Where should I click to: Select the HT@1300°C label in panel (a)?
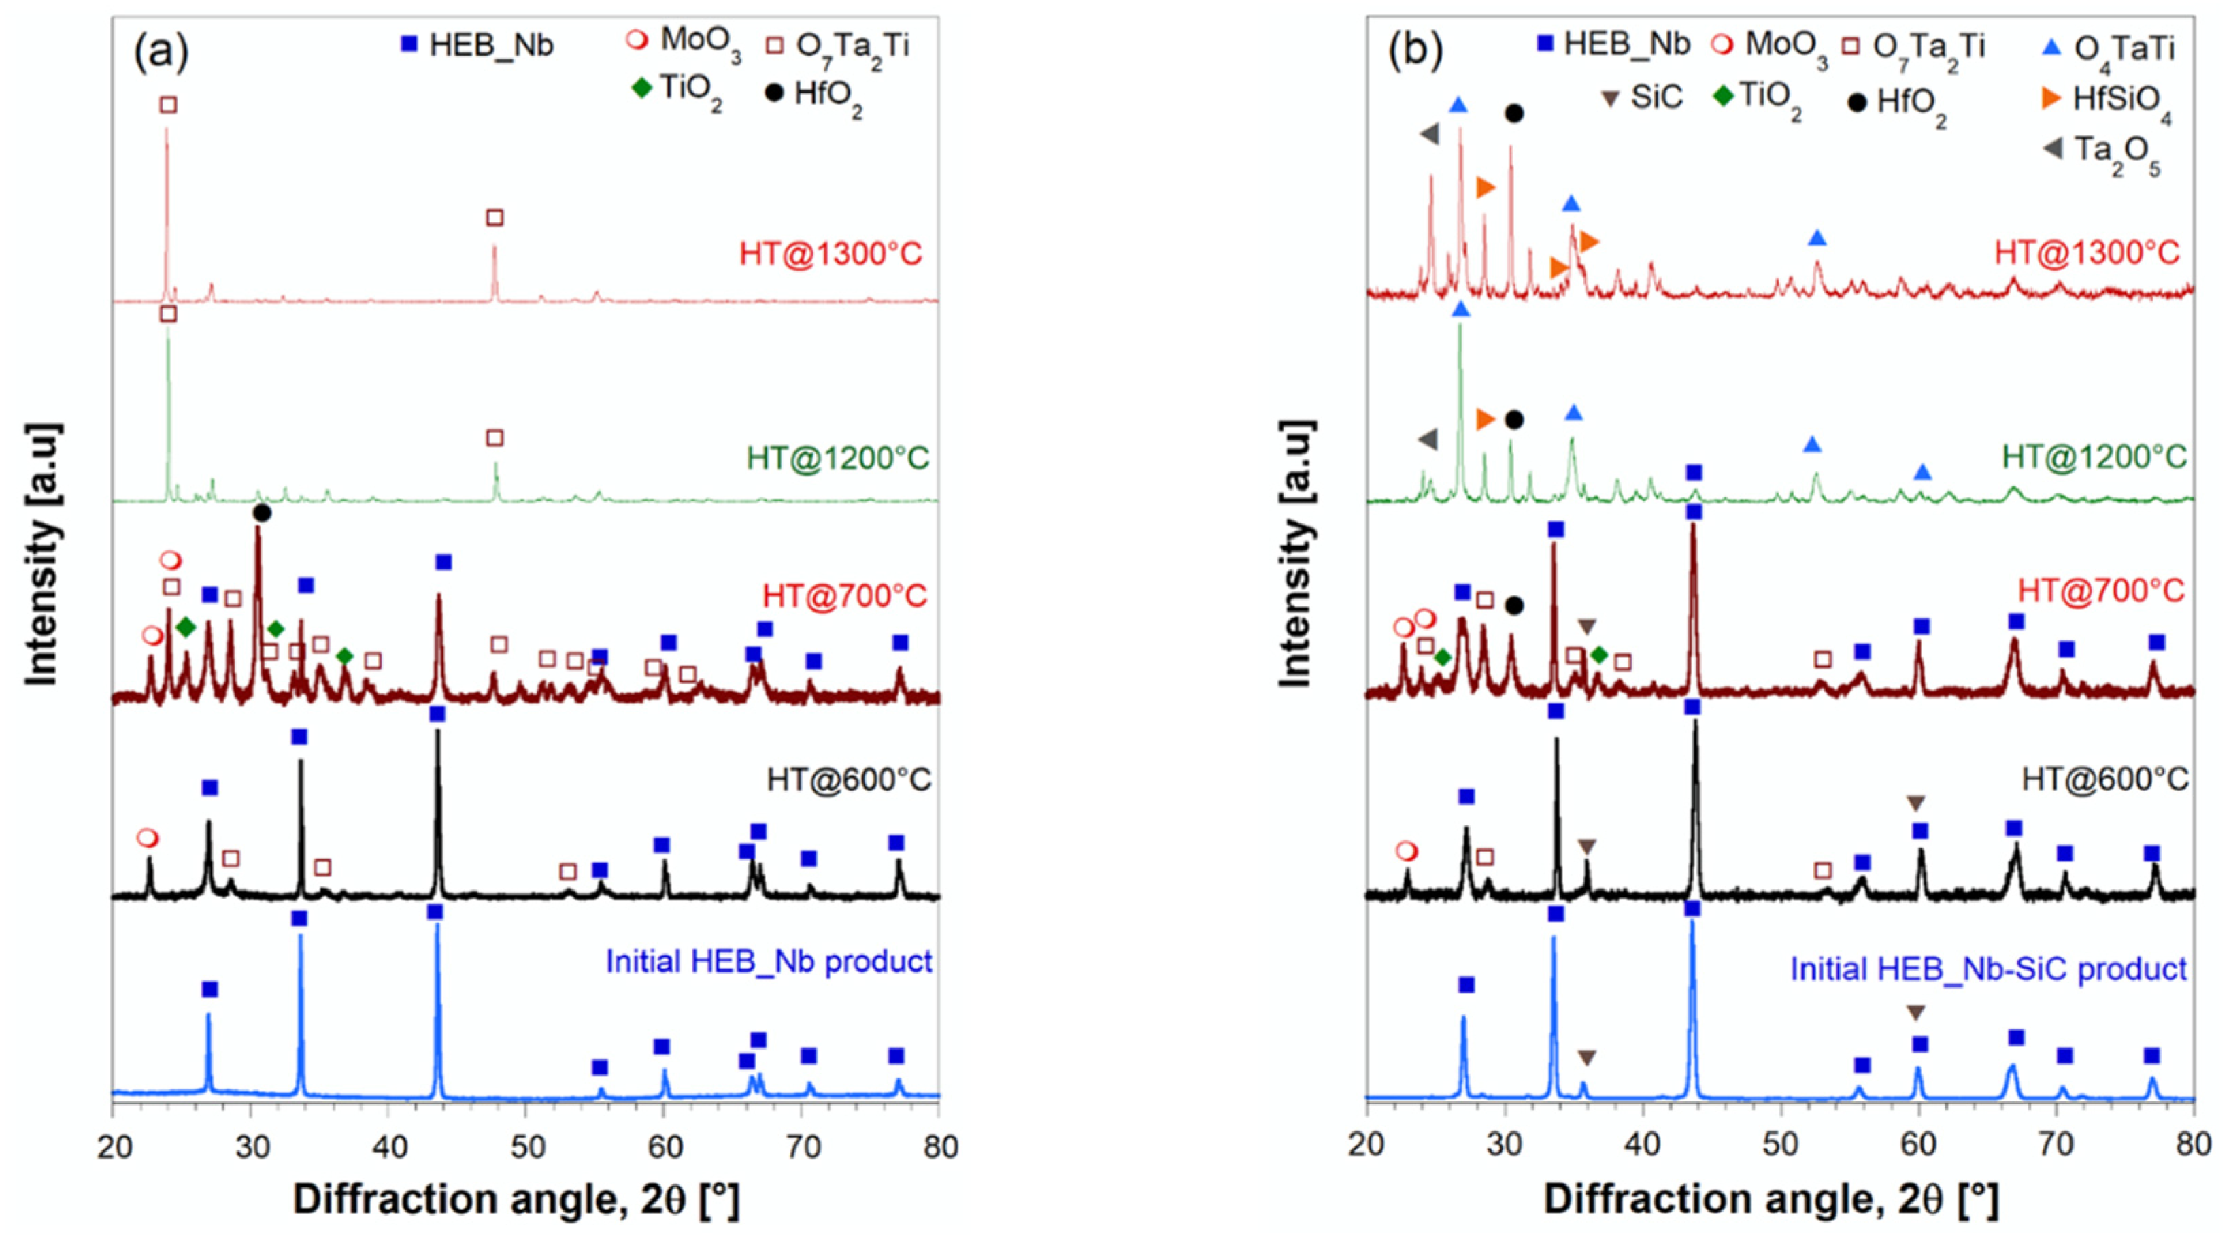click(831, 254)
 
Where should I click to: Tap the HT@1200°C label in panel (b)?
click(2094, 457)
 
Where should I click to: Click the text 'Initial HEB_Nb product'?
click(768, 961)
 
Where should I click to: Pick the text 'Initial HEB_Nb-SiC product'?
click(1988, 968)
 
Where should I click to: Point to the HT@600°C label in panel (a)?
click(849, 780)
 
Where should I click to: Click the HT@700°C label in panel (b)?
click(2101, 591)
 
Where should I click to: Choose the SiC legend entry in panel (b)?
click(1641, 97)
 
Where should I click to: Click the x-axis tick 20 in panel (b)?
click(1366, 1145)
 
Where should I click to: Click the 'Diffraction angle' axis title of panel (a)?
click(516, 1199)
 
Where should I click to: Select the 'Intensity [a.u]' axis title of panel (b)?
click(1296, 554)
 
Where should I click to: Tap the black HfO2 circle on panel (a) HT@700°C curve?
click(263, 514)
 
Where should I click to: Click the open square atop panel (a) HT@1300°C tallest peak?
click(169, 105)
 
